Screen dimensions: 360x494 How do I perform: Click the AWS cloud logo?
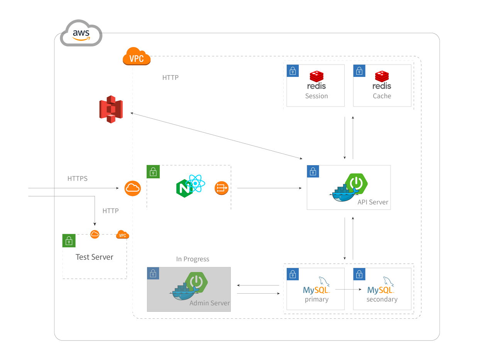coord(81,34)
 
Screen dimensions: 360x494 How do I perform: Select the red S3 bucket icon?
coord(111,109)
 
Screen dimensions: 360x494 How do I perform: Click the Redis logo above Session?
coord(316,80)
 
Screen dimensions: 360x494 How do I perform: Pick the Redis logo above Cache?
coord(382,80)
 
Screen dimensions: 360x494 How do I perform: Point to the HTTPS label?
coord(78,179)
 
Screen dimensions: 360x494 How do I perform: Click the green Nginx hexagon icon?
coord(184,189)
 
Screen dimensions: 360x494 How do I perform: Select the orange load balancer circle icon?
coord(222,188)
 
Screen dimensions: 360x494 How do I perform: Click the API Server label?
coord(373,202)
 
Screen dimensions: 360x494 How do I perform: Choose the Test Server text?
coord(95,257)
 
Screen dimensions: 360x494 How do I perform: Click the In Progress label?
coord(193,259)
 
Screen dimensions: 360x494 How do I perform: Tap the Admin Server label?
coord(210,303)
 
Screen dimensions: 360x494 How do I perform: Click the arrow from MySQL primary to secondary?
coord(348,289)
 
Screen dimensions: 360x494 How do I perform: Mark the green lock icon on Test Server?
coord(69,241)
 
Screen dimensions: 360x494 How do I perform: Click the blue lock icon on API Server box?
coord(313,172)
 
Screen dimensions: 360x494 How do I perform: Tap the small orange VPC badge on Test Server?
coord(122,235)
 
